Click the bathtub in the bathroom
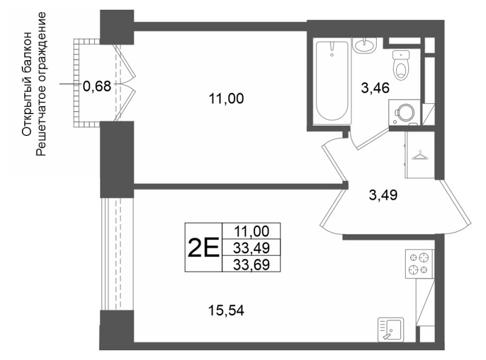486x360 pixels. [x=332, y=81]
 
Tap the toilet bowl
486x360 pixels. [x=401, y=66]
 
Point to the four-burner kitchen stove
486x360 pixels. [x=419, y=264]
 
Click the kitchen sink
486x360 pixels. [x=391, y=330]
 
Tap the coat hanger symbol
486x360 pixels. [x=419, y=155]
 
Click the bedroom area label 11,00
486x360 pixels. [x=226, y=99]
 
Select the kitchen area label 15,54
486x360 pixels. [x=226, y=310]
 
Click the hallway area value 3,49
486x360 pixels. [x=383, y=195]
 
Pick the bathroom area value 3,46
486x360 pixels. [x=375, y=88]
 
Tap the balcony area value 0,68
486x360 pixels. [x=97, y=86]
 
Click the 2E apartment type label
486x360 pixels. [x=204, y=248]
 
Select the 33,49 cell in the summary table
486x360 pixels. [x=252, y=248]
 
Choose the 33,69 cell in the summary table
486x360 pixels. [x=252, y=264]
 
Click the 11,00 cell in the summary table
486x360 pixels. [x=252, y=231]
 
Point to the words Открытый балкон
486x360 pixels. [x=27, y=84]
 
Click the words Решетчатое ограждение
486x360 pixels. [x=41, y=84]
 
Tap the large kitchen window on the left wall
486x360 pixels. [x=117, y=254]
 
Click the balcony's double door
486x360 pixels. [x=125, y=83]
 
